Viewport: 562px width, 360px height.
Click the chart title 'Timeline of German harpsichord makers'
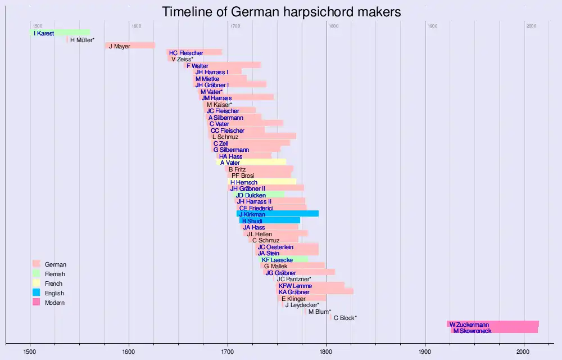281,12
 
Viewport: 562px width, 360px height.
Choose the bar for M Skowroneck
495,330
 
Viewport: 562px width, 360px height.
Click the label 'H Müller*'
82,40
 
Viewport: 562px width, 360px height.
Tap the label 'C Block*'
345,318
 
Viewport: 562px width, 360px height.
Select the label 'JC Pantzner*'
294,279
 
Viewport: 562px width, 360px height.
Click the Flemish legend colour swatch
37,274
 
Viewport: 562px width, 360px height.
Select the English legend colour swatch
37,293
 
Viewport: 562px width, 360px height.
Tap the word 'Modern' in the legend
55,303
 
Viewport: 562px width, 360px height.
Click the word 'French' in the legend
54,283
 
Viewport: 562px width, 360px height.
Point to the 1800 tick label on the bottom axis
326,352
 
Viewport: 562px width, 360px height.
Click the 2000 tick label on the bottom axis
524,352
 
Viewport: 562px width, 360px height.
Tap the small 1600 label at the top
137,26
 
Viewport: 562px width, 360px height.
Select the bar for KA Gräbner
315,291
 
